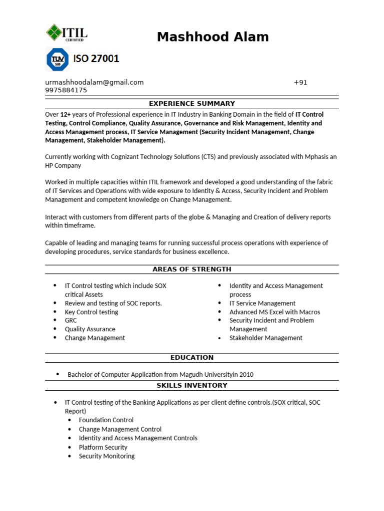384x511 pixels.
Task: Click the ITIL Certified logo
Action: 66,34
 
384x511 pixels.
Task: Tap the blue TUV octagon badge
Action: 56,59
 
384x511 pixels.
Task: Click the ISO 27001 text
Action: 96,59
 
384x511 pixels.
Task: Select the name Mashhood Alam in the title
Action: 212,37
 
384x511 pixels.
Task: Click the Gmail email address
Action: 94,82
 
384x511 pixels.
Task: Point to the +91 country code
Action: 300,82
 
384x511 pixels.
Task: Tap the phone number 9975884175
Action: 66,90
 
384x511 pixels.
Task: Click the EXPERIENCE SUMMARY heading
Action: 192,104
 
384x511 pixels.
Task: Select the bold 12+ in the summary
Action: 66,114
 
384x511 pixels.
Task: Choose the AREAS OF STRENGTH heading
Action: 192,269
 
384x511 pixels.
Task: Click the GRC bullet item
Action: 70,320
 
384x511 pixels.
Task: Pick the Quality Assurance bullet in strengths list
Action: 90,329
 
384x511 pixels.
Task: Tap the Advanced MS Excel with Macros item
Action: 274,312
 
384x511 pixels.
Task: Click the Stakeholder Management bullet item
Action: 265,338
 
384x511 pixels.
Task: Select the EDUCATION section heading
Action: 192,358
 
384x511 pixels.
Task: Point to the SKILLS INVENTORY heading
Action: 192,386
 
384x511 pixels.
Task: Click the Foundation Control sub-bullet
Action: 106,420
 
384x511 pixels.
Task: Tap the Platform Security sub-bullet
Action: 103,447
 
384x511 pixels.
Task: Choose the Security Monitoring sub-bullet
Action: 106,456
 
